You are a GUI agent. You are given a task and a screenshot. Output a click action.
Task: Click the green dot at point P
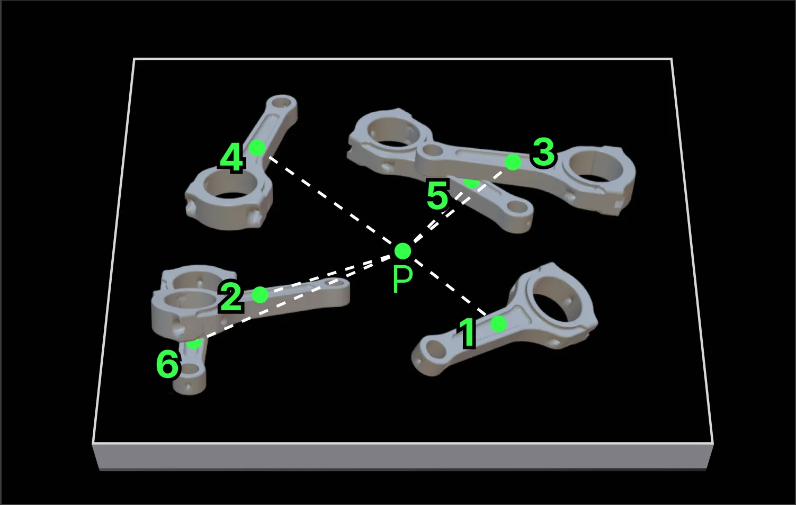403,250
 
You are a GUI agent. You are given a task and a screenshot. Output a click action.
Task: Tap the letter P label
403,279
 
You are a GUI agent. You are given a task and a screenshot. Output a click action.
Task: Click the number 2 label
231,297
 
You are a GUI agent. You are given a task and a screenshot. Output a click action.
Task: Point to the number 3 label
543,152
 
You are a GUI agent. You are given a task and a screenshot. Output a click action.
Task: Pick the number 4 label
231,158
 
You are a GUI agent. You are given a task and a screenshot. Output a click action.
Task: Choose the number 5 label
437,196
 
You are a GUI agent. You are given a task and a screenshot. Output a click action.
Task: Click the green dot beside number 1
498,323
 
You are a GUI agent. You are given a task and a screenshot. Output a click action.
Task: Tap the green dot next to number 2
260,294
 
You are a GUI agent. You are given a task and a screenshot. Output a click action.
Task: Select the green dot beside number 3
513,162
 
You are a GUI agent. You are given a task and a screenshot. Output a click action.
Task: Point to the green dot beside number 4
257,148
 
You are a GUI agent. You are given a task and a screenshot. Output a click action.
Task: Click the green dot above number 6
194,343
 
